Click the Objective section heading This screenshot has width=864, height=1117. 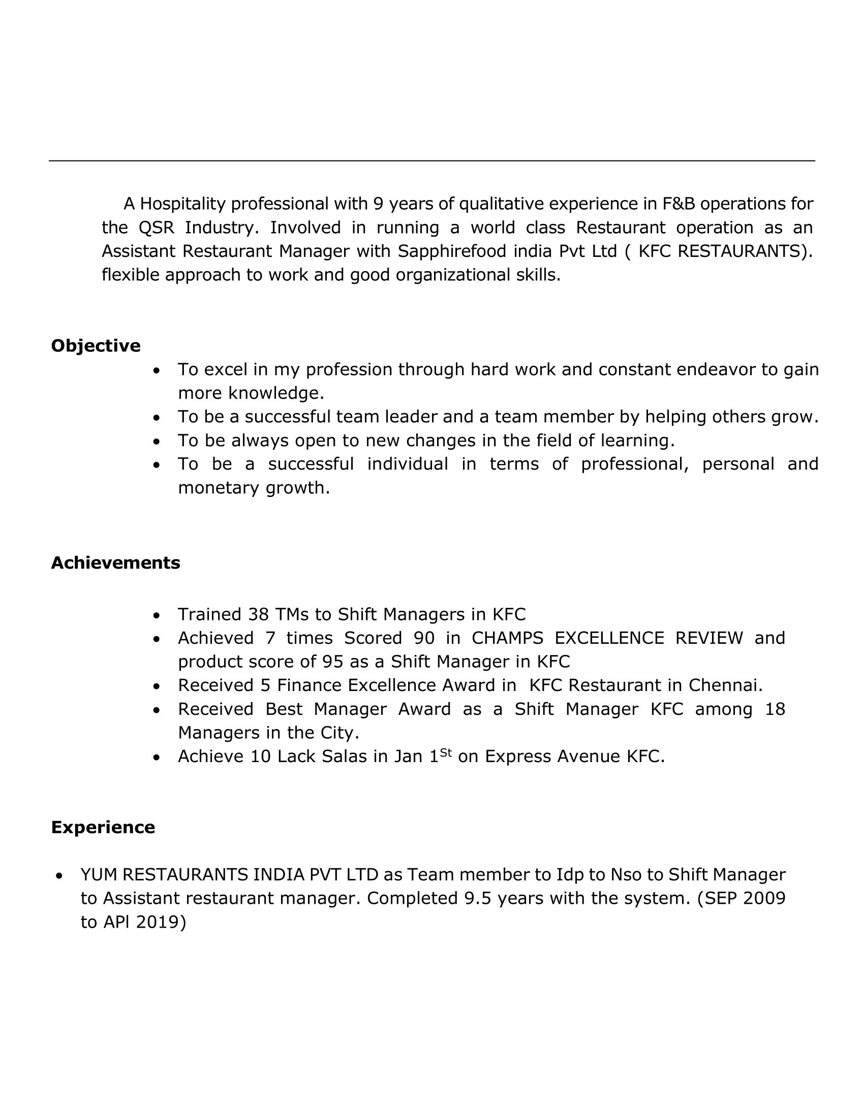96,346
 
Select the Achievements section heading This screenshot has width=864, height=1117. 116,563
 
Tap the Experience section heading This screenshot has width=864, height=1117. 103,827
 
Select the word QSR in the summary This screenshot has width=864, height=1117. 157,227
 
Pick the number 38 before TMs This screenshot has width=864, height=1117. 259,614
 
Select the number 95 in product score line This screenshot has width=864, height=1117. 333,662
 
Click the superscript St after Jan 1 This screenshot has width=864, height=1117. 446,752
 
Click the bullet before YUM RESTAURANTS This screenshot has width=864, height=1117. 59,876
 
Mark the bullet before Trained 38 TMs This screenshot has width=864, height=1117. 157,615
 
